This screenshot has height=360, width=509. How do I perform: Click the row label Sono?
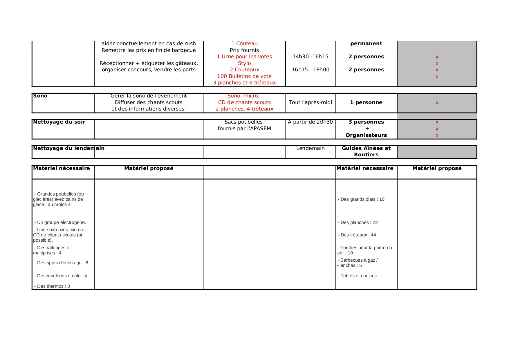click(x=40, y=96)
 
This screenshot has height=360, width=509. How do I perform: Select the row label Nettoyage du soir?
click(x=59, y=122)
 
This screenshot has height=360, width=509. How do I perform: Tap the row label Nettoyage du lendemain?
click(x=69, y=149)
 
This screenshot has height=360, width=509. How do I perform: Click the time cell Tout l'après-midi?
click(x=310, y=102)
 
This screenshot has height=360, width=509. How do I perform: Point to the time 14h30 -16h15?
click(x=310, y=57)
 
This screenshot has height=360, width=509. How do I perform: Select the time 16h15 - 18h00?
click(x=310, y=70)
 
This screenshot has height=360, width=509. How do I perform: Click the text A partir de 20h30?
click(x=310, y=122)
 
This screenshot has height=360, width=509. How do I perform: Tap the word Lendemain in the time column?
click(x=310, y=149)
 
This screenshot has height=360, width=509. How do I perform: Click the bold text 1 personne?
click(x=366, y=102)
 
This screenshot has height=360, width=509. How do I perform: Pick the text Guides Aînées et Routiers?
click(x=366, y=151)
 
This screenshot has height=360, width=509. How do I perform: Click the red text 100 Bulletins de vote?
click(x=244, y=76)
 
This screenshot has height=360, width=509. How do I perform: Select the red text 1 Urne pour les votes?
click(x=244, y=57)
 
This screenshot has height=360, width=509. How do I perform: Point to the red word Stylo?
click(x=244, y=63)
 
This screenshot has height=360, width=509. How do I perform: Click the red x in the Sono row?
click(x=437, y=103)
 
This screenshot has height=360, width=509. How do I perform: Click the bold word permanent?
click(x=366, y=44)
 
